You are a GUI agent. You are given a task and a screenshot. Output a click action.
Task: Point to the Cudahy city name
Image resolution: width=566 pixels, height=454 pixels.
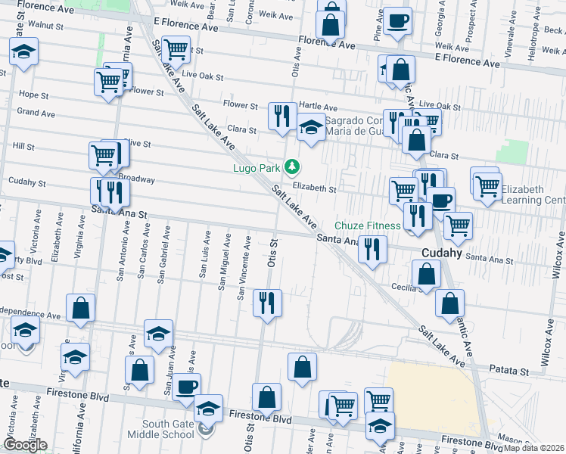(x=443, y=253)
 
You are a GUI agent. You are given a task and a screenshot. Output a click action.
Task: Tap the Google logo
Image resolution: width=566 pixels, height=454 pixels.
(x=25, y=445)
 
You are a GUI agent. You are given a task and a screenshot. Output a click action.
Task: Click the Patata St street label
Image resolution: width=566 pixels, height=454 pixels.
(x=509, y=372)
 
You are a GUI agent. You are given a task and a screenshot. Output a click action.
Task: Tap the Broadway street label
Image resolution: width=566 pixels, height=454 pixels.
(x=137, y=180)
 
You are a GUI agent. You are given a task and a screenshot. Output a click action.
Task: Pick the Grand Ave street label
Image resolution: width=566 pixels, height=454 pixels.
(x=36, y=113)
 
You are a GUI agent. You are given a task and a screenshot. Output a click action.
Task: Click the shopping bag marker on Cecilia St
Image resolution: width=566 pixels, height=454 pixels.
(x=426, y=275)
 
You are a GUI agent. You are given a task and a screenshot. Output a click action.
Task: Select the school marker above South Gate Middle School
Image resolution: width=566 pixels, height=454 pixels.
(x=208, y=408)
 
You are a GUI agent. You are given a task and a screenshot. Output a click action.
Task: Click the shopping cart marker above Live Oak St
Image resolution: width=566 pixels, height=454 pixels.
(x=176, y=49)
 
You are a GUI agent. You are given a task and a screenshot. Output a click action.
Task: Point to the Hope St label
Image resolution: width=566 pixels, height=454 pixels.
(x=33, y=95)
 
